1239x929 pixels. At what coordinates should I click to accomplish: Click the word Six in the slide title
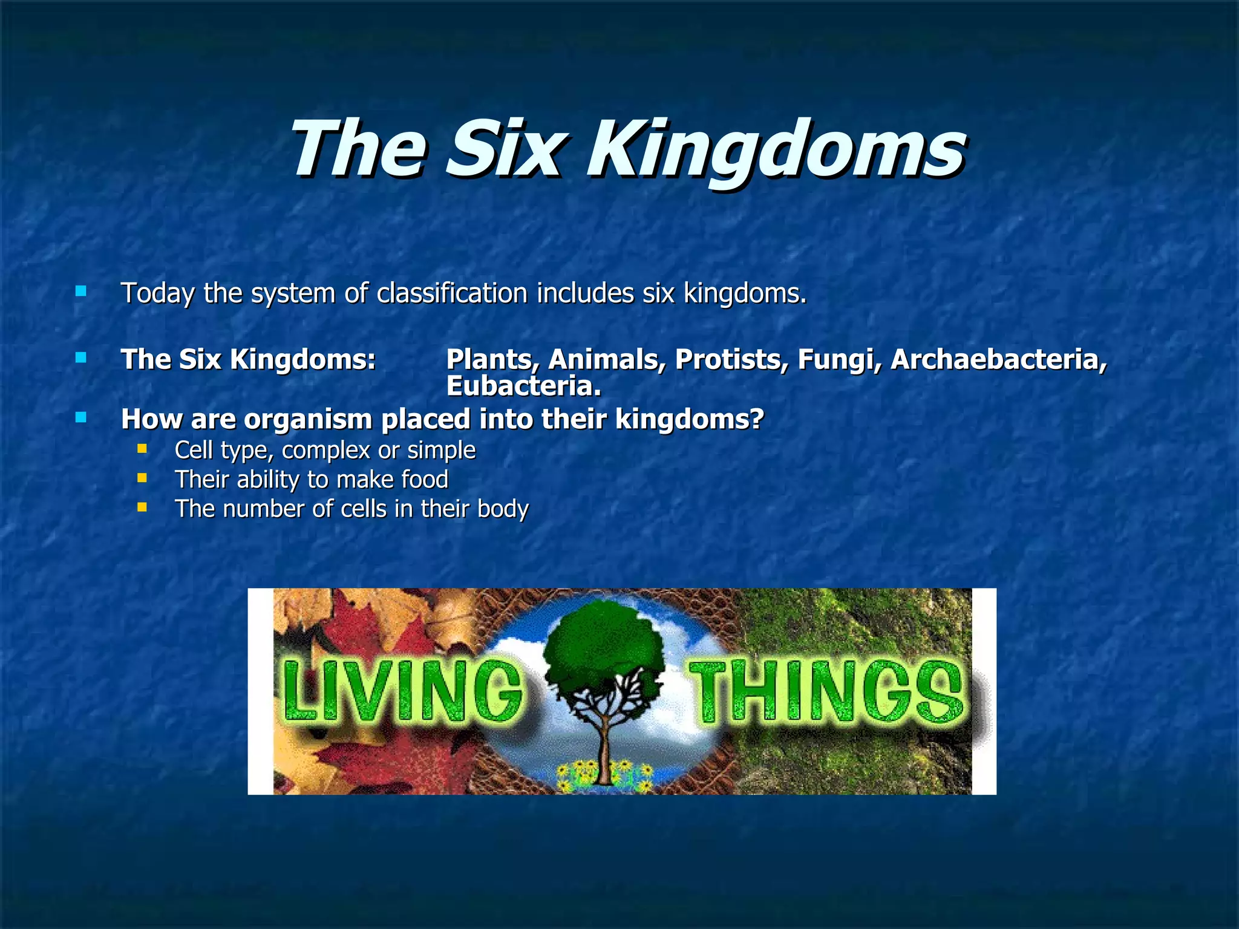(505, 149)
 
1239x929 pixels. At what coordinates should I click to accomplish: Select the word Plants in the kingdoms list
(489, 359)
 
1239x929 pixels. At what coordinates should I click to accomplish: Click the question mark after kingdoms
(756, 419)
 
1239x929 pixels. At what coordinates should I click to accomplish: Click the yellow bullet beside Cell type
(142, 449)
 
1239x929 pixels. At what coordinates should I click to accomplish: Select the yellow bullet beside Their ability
(142, 478)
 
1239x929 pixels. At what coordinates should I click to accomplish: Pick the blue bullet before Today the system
(80, 292)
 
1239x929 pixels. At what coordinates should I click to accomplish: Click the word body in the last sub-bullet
(502, 509)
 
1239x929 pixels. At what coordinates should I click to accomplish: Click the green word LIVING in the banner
(402, 691)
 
